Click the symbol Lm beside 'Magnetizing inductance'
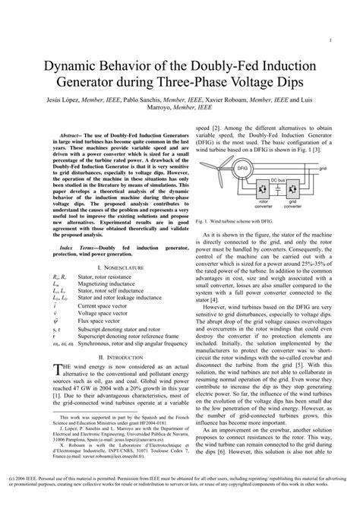(55, 283)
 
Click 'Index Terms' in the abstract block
(76, 248)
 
